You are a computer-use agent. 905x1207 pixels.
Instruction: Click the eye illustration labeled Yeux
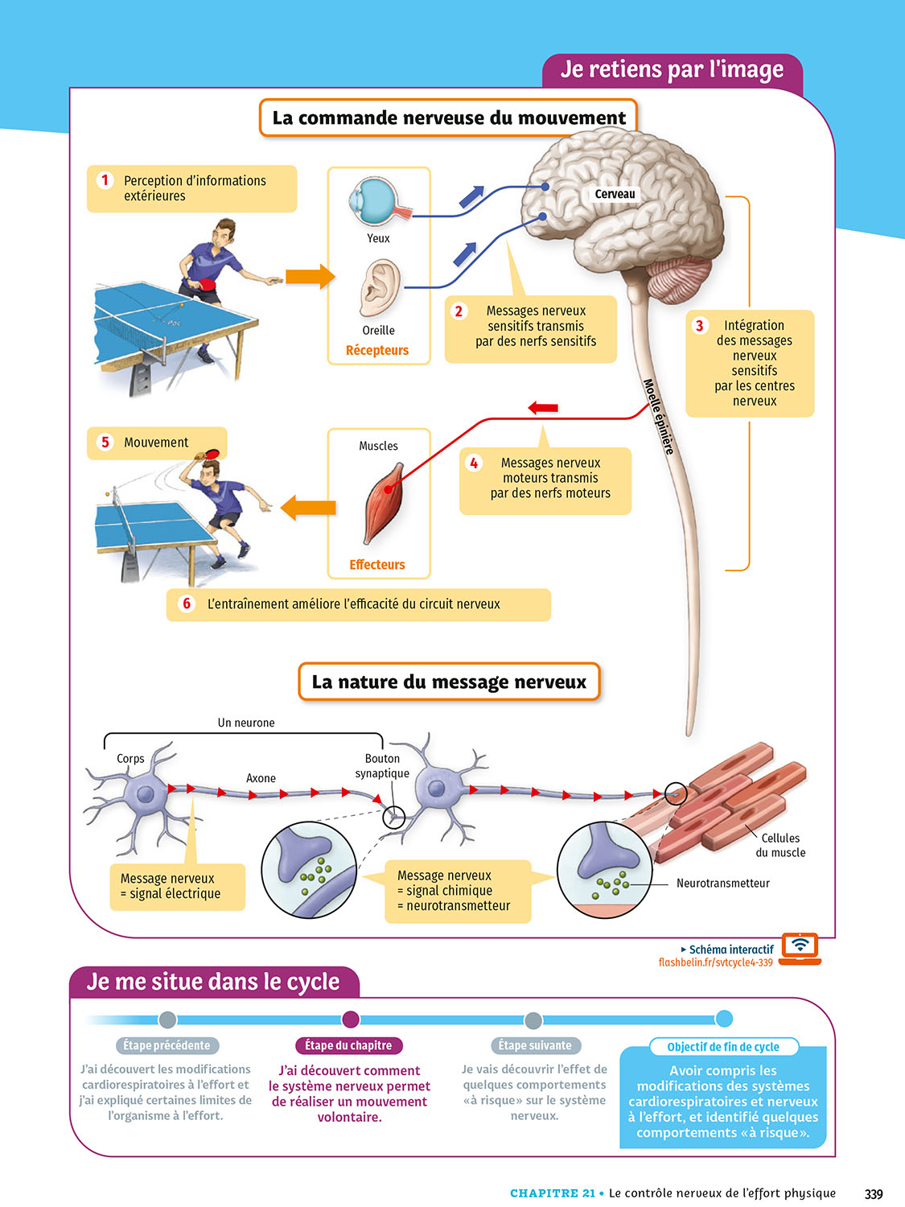pos(375,202)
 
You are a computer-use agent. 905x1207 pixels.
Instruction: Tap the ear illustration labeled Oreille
pos(380,287)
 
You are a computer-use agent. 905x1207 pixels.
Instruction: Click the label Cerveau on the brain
pos(615,194)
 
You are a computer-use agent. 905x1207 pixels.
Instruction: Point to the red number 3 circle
pos(699,326)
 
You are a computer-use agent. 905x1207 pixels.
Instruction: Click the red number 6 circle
pos(187,603)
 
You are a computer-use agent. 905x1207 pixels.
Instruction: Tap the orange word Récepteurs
pos(377,350)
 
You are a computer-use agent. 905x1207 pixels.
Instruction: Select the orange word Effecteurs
pos(377,565)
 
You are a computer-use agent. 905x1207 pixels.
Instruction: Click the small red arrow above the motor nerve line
pos(543,408)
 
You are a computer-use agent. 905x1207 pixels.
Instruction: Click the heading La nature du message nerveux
pos(449,682)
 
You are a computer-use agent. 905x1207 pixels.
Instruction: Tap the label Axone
pos(261,778)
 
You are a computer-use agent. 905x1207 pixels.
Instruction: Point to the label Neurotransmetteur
pos(722,883)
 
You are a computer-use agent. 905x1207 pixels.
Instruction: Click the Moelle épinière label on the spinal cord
pos(658,417)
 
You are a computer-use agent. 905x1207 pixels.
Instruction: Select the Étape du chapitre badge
pos(348,1045)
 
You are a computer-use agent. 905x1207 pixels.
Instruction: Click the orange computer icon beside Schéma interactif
pos(800,947)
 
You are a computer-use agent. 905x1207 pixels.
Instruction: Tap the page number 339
pos(874,1193)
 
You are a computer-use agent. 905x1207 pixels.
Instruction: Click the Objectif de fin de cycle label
pos(722,1047)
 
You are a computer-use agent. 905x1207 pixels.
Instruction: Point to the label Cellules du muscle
pos(780,845)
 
